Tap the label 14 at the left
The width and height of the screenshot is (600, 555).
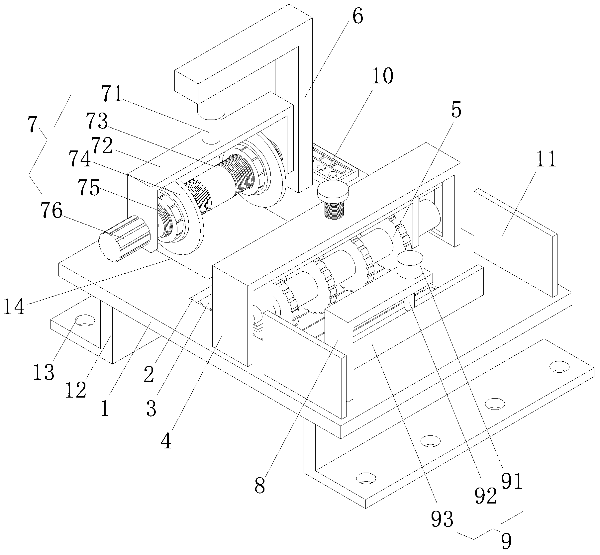[14, 306]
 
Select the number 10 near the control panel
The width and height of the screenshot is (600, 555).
[383, 76]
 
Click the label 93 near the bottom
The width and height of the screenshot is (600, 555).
[442, 518]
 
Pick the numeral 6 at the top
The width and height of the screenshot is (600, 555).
[357, 17]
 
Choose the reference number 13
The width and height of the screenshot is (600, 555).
[44, 372]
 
